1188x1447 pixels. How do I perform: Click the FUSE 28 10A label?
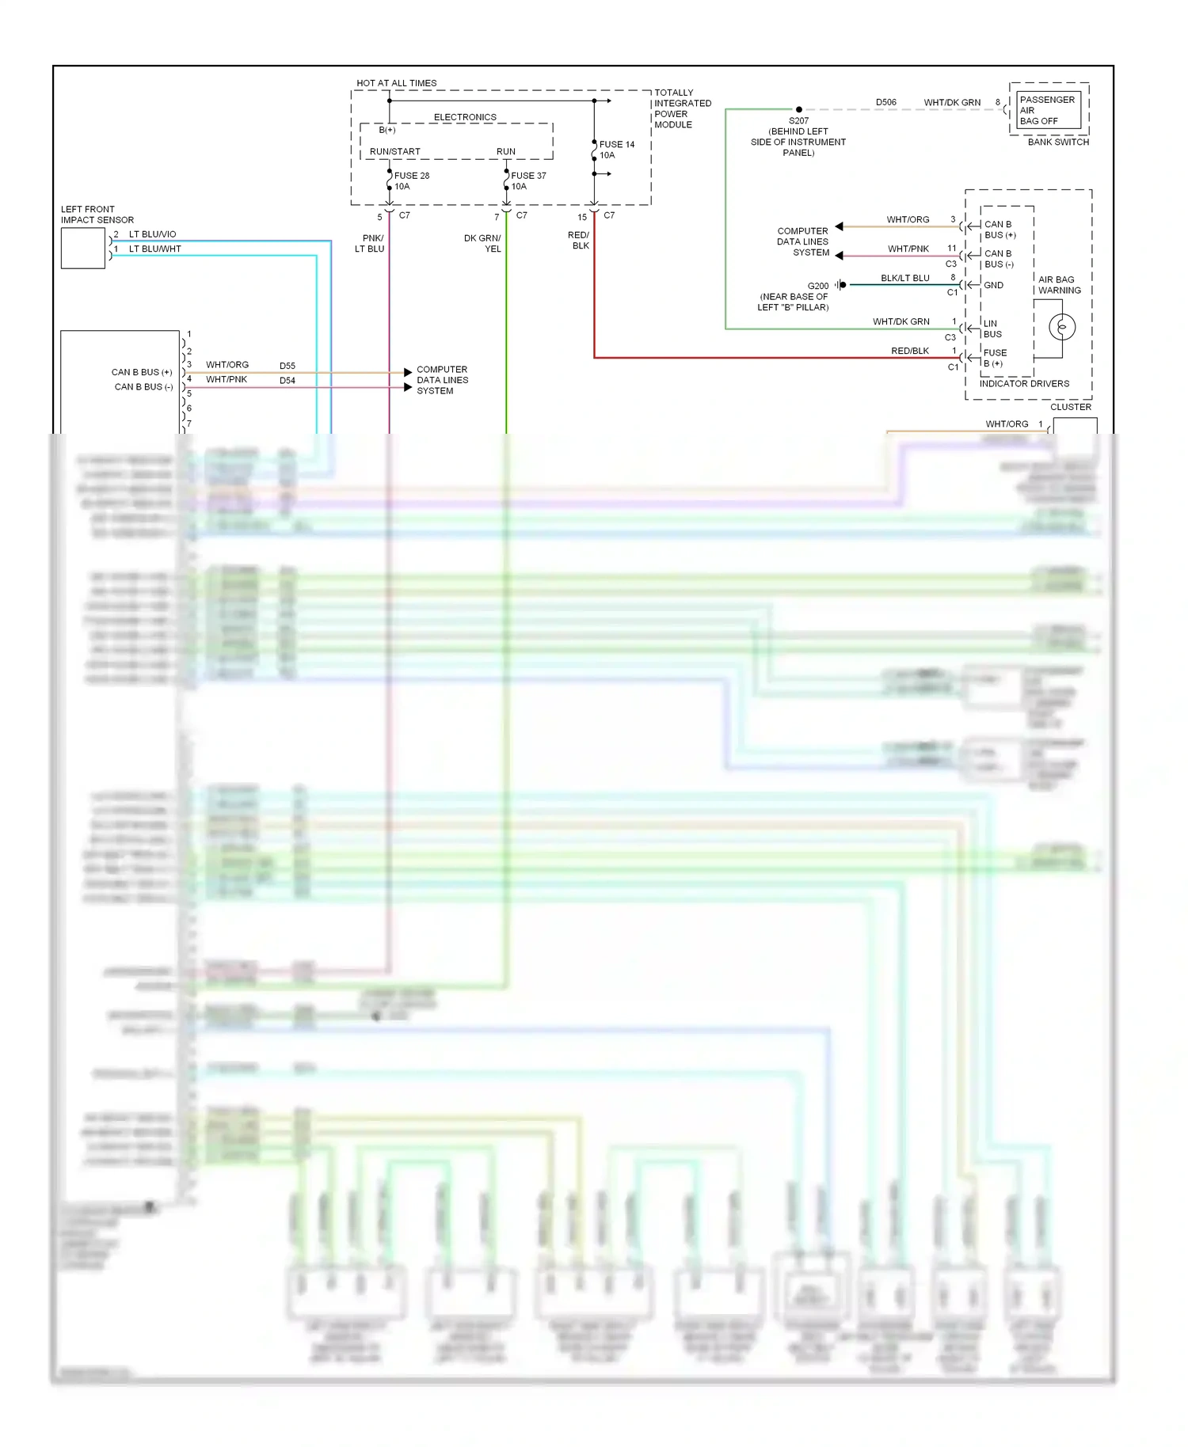pos(411,181)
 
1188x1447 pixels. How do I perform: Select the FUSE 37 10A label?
pos(528,181)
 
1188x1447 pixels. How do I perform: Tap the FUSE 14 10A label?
pos(616,150)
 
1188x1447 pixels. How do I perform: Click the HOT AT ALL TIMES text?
pos(396,83)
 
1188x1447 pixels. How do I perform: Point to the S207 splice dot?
pos(798,110)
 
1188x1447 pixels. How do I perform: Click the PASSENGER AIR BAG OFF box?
pos(1048,111)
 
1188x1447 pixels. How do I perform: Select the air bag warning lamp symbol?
pos(1062,326)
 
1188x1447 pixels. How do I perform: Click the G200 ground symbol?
pos(841,285)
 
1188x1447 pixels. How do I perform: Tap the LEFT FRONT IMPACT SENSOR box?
pos(83,249)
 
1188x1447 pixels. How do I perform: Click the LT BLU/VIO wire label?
pos(152,234)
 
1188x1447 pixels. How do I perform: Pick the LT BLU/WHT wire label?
pos(154,249)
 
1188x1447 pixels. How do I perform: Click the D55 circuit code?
pos(287,366)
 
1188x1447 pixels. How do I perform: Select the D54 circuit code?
pos(287,381)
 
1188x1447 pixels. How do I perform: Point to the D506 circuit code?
pos(885,102)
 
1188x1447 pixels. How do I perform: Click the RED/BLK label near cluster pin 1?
pos(909,351)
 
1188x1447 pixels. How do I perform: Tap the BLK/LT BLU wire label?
pos(904,278)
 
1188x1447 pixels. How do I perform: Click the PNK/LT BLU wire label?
pos(370,243)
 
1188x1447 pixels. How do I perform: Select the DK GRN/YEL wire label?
pos(482,243)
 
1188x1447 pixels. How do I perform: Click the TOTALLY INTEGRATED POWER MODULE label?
pos(682,108)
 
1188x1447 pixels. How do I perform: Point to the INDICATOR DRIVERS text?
pos(1023,384)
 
